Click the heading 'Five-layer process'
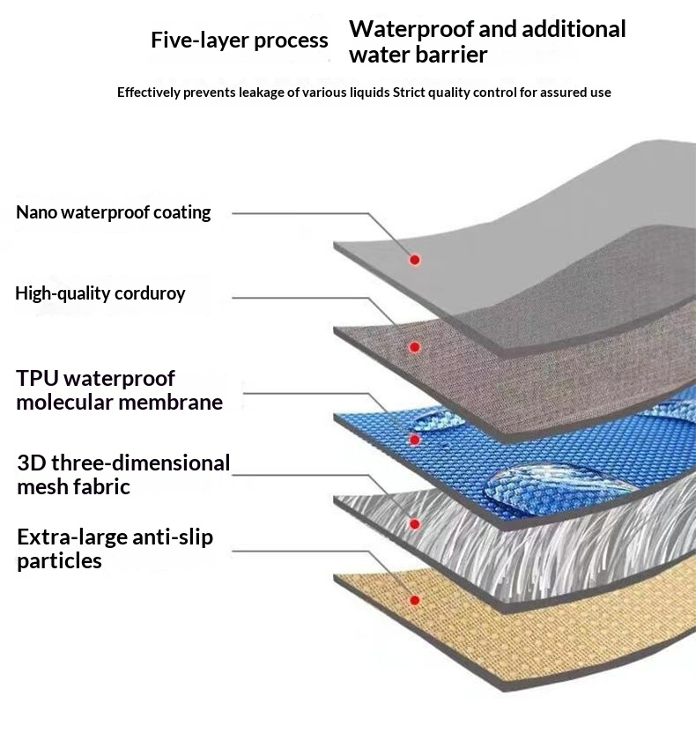pyautogui.click(x=239, y=41)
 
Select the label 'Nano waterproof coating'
pyautogui.click(x=114, y=212)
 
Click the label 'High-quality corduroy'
pyautogui.click(x=100, y=293)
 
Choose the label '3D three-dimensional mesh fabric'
pyautogui.click(x=123, y=474)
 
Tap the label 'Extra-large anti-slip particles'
pyautogui.click(x=115, y=548)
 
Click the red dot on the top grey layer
pyautogui.click(x=414, y=259)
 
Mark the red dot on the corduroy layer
pyautogui.click(x=415, y=348)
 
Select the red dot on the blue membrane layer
pyautogui.click(x=415, y=439)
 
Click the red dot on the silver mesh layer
pyautogui.click(x=415, y=523)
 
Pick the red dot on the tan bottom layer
pyautogui.click(x=415, y=600)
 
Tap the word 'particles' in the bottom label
pyautogui.click(x=59, y=561)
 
